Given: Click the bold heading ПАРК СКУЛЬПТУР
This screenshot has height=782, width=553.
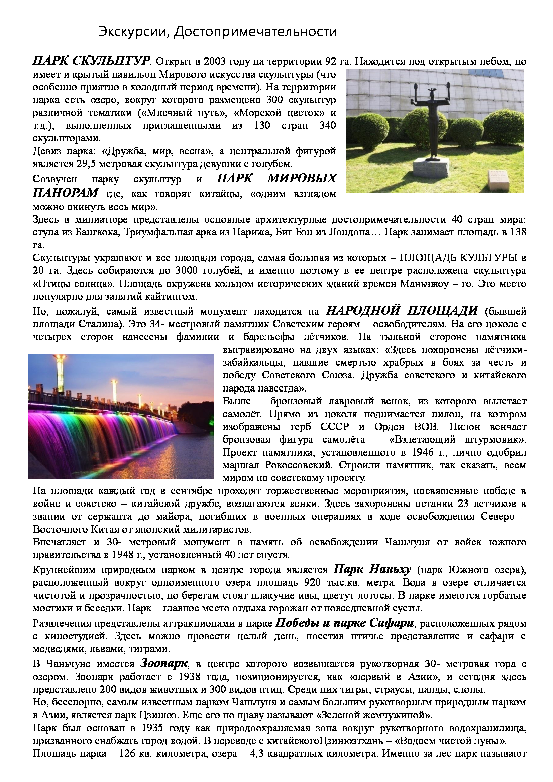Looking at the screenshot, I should point(91,61).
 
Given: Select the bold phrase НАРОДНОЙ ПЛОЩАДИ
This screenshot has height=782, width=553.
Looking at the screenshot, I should point(402,310).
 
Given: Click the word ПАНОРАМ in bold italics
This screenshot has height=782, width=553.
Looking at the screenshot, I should point(66,193).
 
